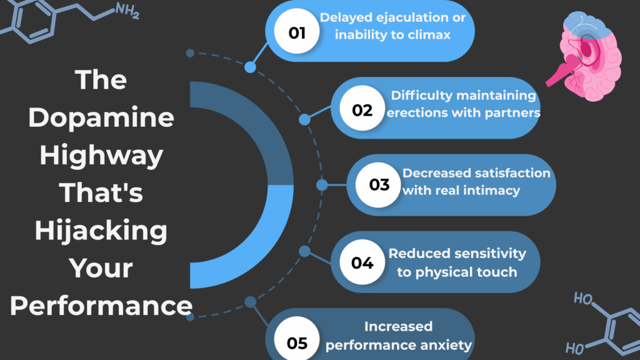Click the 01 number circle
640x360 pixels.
coord(297,32)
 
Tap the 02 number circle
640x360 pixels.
coord(362,110)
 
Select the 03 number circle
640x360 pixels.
coord(379,184)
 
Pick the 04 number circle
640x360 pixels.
coord(362,262)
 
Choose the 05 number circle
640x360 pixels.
coord(297,342)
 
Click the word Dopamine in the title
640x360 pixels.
coord(102,117)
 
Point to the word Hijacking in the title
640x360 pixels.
coord(102,231)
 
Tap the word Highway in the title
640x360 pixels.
coord(102,155)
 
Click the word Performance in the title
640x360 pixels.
coord(102,306)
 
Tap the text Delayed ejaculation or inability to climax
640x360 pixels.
coord(392,26)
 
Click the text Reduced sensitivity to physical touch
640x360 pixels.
coord(457,262)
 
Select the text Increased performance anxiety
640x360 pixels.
coord(399,336)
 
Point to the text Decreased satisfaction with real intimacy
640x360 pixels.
coord(476,181)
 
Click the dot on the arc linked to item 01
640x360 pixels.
coord(251,67)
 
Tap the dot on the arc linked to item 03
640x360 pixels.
coord(322,185)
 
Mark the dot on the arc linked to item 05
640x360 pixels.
coord(251,302)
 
